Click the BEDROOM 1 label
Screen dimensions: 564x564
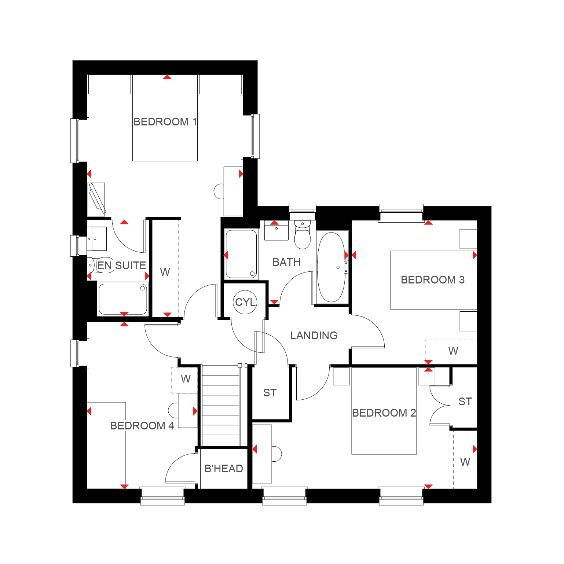click(165, 122)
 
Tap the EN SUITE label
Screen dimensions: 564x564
click(122, 265)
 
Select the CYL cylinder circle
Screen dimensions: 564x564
click(245, 302)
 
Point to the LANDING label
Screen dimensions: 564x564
click(314, 336)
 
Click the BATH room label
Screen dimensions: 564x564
click(286, 262)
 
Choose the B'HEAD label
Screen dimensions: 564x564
click(224, 469)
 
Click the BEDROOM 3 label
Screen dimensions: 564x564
click(433, 280)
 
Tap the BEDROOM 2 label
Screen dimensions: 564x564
click(384, 413)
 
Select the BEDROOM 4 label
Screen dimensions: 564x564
click(142, 426)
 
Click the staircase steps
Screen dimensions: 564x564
click(221, 405)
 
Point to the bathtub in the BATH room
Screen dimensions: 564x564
click(331, 267)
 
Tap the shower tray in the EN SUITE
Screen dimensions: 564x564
click(123, 299)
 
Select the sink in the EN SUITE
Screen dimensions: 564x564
click(97, 239)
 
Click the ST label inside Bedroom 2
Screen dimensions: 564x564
click(465, 402)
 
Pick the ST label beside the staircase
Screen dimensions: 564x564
click(270, 393)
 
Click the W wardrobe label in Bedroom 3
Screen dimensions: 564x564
click(453, 351)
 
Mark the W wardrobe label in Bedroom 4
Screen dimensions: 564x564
click(186, 379)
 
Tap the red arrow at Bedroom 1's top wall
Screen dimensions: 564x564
click(167, 77)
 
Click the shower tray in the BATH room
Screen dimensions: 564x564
click(241, 254)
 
